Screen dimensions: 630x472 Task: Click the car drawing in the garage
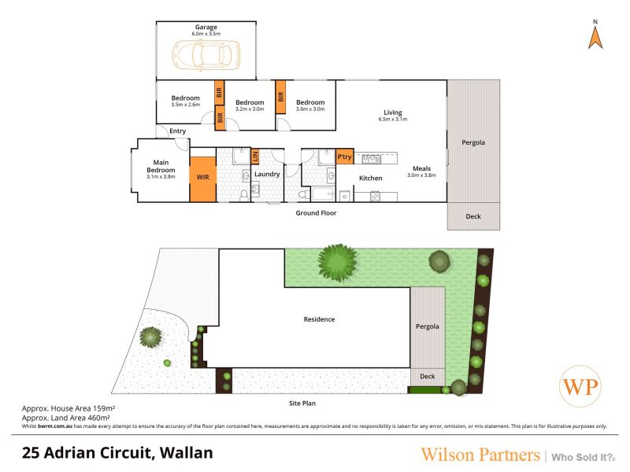pyautogui.click(x=206, y=54)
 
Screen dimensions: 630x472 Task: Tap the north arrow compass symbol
pyautogui.click(x=595, y=35)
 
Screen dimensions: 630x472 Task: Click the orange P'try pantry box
pyautogui.click(x=344, y=157)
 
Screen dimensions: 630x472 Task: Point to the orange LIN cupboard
pyautogui.click(x=254, y=156)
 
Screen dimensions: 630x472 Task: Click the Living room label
pyautogui.click(x=392, y=112)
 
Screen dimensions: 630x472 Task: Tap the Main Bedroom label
pyautogui.click(x=161, y=166)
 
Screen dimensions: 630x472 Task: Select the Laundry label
pyautogui.click(x=267, y=174)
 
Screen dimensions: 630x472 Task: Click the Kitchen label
pyautogui.click(x=370, y=179)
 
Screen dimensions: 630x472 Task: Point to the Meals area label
pyautogui.click(x=421, y=168)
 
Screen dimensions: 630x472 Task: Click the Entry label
pyautogui.click(x=178, y=131)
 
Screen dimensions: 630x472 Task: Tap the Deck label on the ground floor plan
pyautogui.click(x=473, y=216)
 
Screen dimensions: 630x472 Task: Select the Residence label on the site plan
pyautogui.click(x=319, y=319)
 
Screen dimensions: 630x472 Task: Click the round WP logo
pyautogui.click(x=580, y=386)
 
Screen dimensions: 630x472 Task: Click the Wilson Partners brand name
pyautogui.click(x=480, y=455)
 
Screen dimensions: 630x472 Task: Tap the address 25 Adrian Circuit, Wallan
pyautogui.click(x=117, y=453)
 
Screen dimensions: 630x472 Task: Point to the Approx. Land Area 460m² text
pyautogui.click(x=66, y=418)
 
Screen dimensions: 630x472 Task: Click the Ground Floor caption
pyautogui.click(x=316, y=213)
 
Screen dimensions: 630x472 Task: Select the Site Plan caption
pyautogui.click(x=302, y=404)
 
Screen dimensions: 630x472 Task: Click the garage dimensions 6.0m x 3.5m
pyautogui.click(x=206, y=34)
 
